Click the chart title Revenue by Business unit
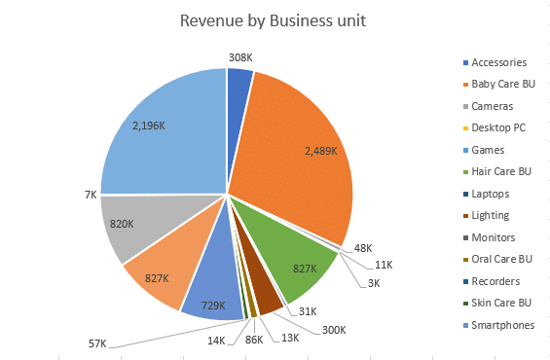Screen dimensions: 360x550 (274, 21)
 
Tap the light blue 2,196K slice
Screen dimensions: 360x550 (161, 136)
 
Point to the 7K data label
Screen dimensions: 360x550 (90, 195)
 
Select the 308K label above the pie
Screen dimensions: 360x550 (239, 57)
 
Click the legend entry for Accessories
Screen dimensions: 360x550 (498, 62)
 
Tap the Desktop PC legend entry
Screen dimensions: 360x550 (497, 127)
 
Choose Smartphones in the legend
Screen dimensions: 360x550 (500, 325)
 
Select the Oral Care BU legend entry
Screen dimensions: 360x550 (502, 259)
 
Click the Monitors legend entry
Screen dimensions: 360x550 (494, 237)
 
